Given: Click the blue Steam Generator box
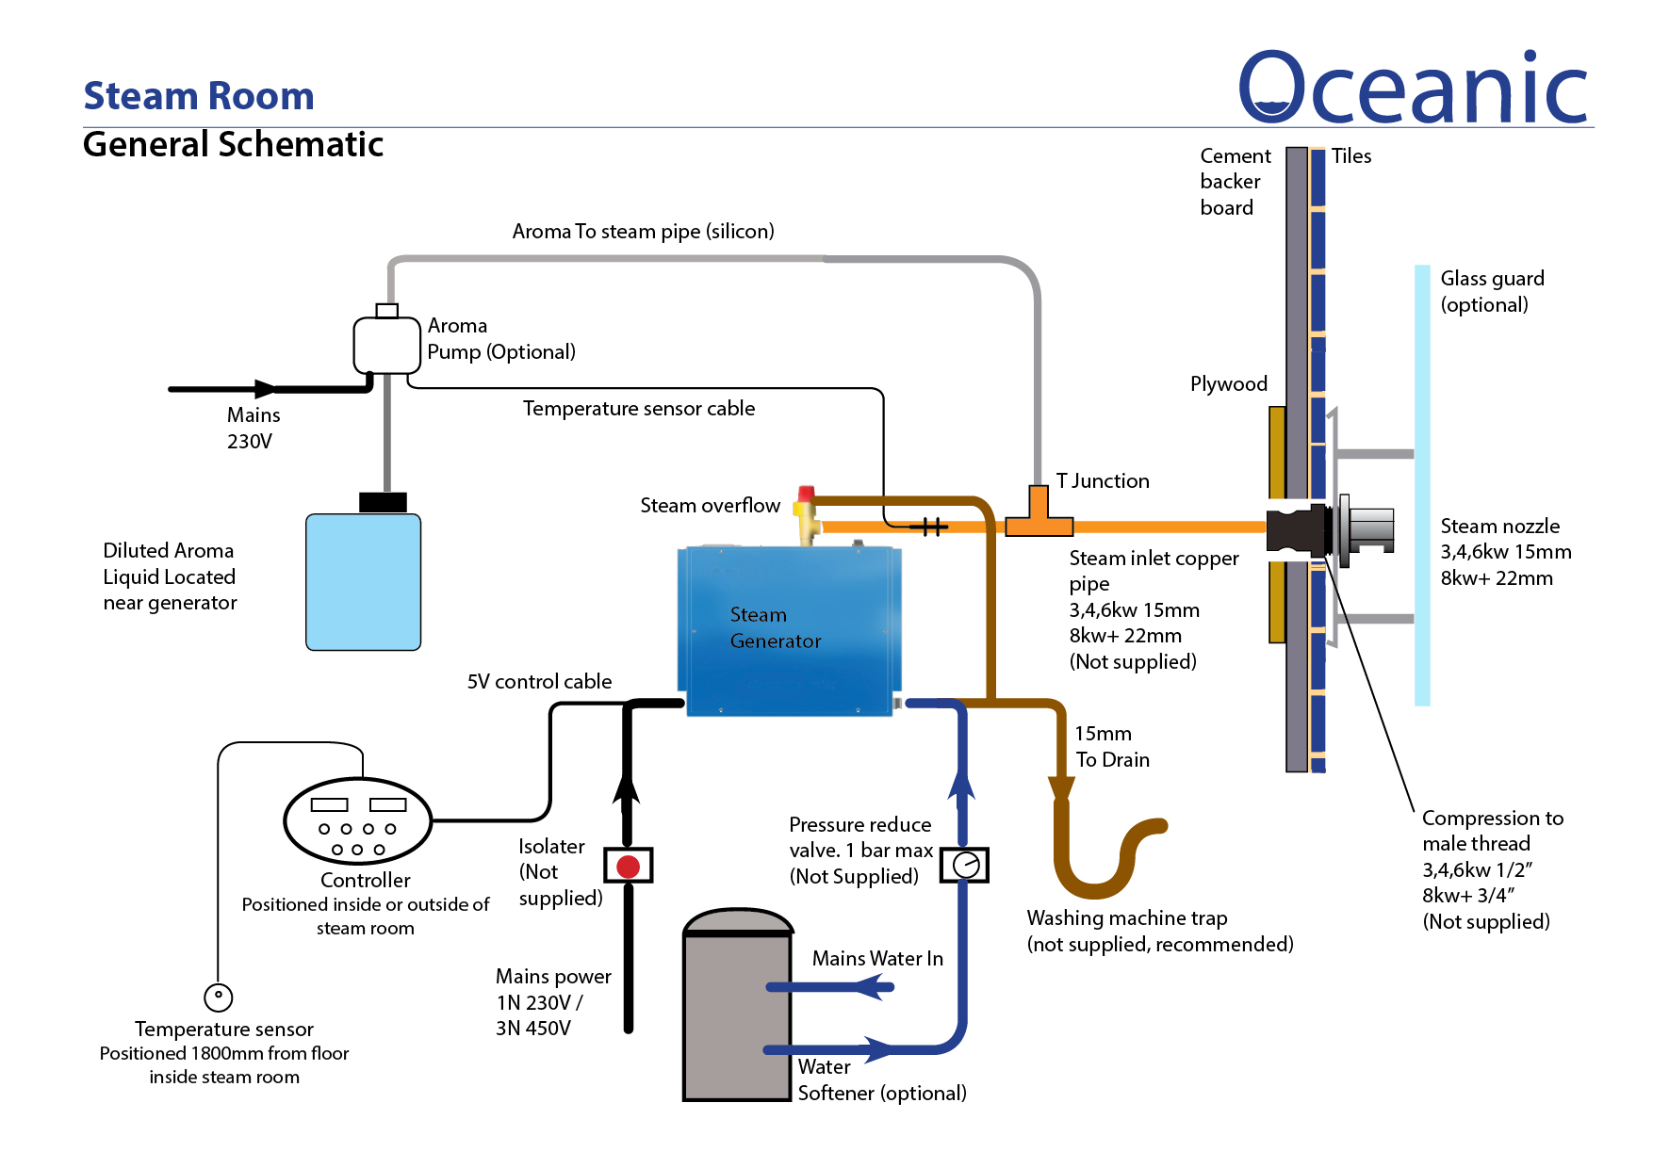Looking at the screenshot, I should pyautogui.click(x=789, y=631).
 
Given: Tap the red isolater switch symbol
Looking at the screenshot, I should pyautogui.click(x=629, y=866).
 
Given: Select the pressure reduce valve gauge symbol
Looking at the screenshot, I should pyautogui.click(x=965, y=865).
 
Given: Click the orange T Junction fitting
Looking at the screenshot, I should pyautogui.click(x=1039, y=516).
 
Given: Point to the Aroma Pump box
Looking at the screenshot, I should pyautogui.click(x=386, y=345).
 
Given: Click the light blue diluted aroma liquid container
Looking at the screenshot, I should pyautogui.click(x=363, y=582).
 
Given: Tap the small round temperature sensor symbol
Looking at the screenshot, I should pyautogui.click(x=218, y=997).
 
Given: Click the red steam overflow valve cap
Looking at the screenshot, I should pyautogui.click(x=806, y=494).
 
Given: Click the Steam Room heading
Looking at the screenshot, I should pyautogui.click(x=199, y=96).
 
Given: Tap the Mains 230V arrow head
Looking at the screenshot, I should pyautogui.click(x=266, y=388).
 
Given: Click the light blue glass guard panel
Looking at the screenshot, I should pyautogui.click(x=1422, y=485).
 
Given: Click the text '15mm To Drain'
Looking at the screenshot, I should pyautogui.click(x=1112, y=746).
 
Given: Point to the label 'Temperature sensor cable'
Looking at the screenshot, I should pyautogui.click(x=639, y=408).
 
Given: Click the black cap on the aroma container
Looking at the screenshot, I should pyautogui.click(x=383, y=502).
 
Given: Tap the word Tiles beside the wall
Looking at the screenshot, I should pyautogui.click(x=1350, y=156).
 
